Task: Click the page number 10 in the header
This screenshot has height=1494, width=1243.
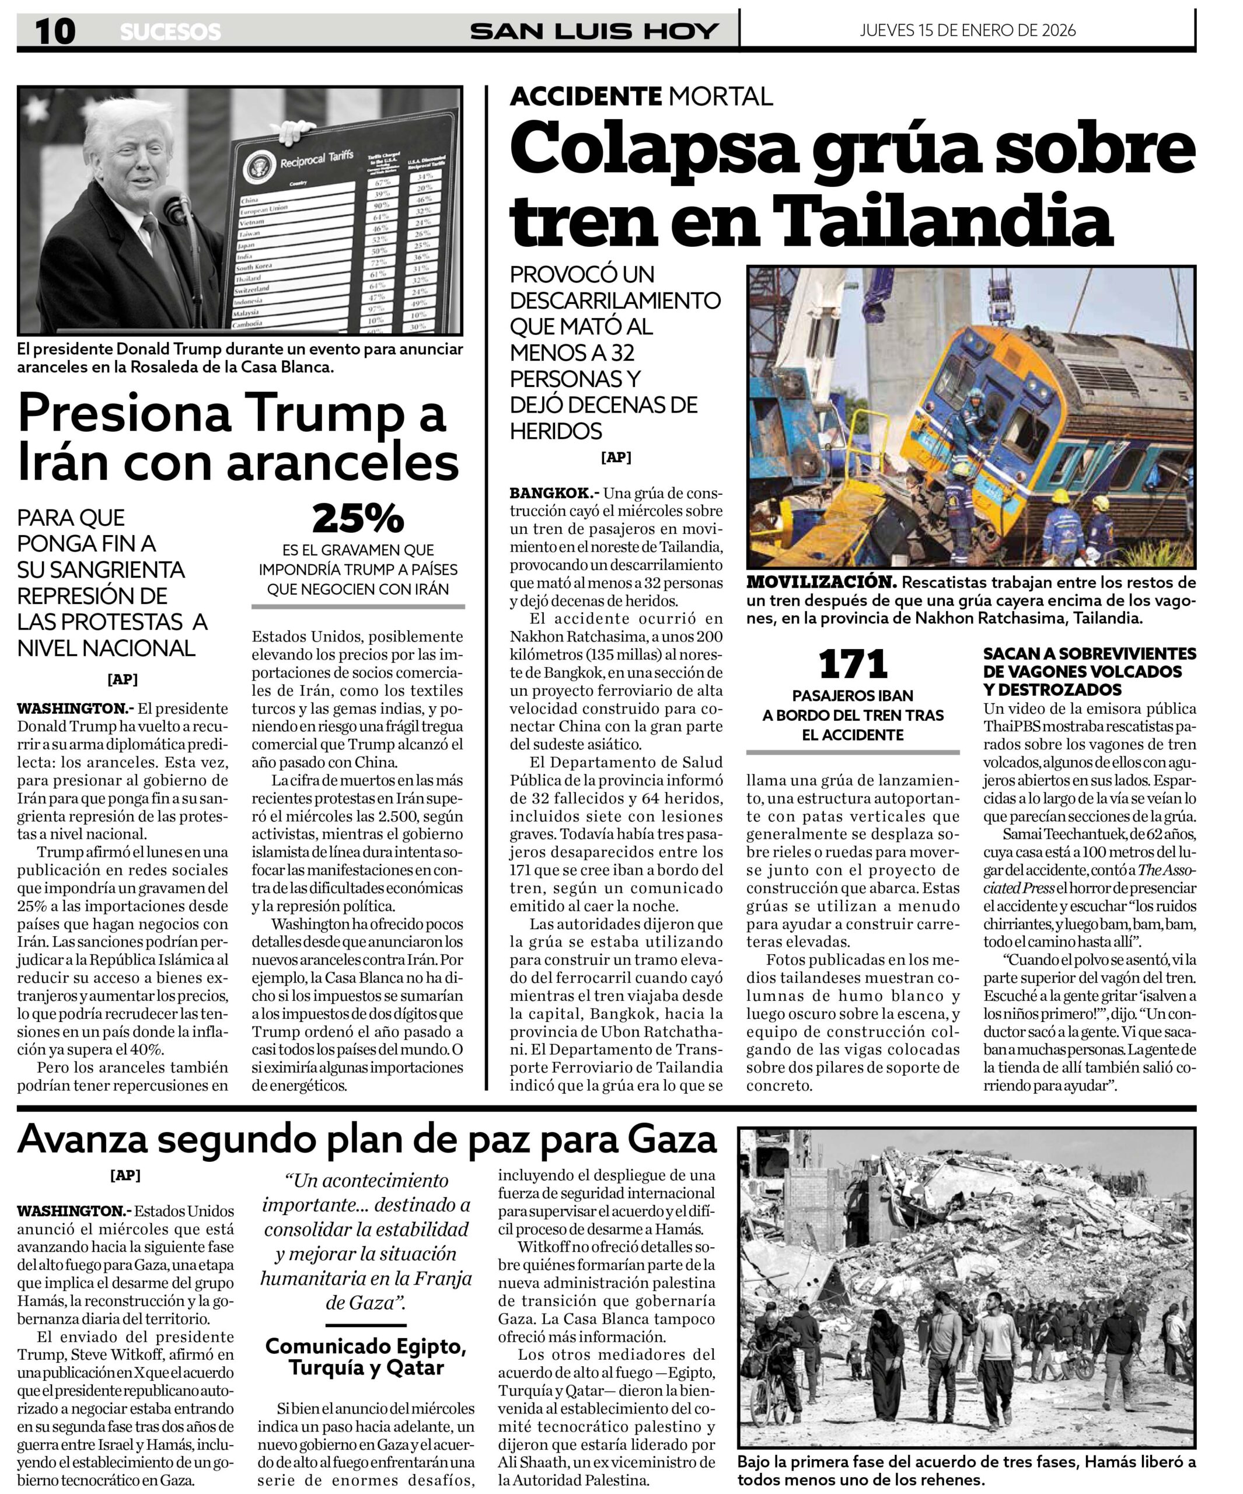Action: (55, 32)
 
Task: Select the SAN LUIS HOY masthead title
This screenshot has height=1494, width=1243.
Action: (594, 32)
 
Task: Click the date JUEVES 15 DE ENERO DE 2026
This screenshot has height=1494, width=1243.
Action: (967, 30)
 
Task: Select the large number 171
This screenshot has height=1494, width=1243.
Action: (853, 665)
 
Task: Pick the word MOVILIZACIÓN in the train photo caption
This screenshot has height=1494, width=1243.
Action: (821, 582)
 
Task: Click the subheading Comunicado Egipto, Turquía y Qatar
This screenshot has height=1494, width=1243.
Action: (366, 1357)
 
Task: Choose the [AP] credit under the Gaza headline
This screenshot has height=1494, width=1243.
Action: (125, 1175)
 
